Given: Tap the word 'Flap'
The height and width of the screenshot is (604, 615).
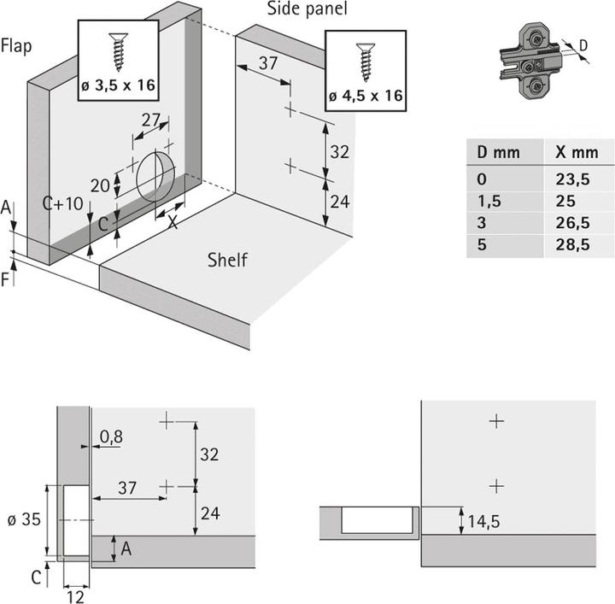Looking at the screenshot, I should point(16,45).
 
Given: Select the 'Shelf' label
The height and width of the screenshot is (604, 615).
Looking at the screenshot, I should point(227,260).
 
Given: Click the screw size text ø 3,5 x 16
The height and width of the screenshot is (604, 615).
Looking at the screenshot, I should point(118,86).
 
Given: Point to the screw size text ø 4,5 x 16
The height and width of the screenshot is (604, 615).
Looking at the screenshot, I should point(366,96).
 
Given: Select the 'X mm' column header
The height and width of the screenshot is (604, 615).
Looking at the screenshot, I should point(576,152).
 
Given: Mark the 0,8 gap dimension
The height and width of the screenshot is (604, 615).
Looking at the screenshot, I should point(110,437).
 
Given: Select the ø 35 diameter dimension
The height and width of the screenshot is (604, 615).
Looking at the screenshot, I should point(20,519).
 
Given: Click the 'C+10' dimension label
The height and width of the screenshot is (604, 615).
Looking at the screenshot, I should point(62,203).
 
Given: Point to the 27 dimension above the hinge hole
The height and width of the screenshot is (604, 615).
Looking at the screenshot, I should point(151,120).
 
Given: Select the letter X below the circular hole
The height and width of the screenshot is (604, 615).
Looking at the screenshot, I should point(172,221).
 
